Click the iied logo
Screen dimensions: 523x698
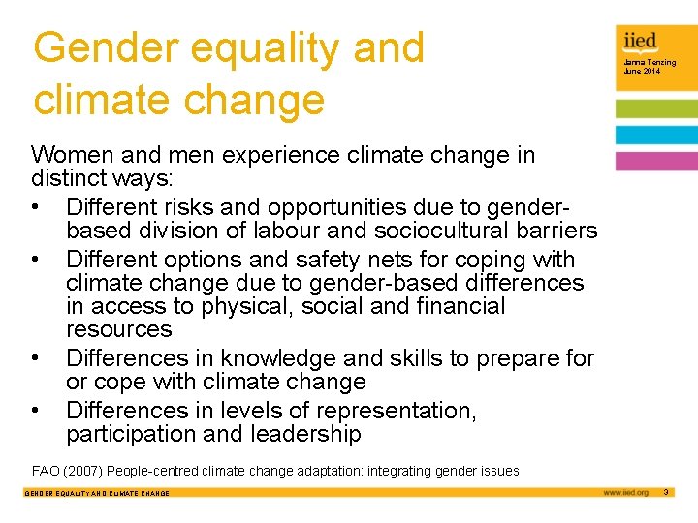point(641,40)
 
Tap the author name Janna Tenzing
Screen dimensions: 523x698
point(650,63)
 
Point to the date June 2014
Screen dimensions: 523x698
point(642,72)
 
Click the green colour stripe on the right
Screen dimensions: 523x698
point(656,108)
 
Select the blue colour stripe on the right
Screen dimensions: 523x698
point(656,135)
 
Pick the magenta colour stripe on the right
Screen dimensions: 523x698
point(656,162)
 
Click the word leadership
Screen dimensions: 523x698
point(300,435)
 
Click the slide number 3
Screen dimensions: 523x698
point(666,493)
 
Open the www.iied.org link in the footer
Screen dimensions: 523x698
point(625,493)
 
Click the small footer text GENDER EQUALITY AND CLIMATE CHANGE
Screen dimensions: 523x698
point(96,494)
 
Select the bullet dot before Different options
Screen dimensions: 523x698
point(36,261)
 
